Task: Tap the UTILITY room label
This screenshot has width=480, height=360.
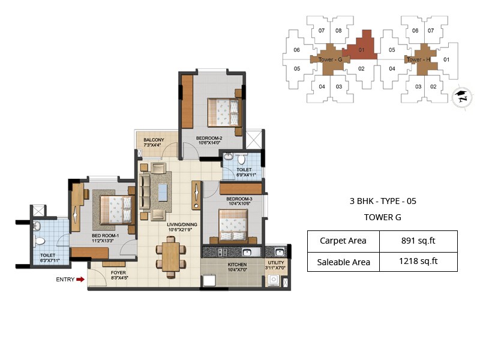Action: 276,265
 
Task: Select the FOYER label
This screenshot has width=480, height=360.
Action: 119,274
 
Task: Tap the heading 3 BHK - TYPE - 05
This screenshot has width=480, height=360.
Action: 382,202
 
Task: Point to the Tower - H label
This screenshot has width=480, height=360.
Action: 418,59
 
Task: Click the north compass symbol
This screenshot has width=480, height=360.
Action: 461,95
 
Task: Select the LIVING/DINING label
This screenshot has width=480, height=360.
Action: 182,227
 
